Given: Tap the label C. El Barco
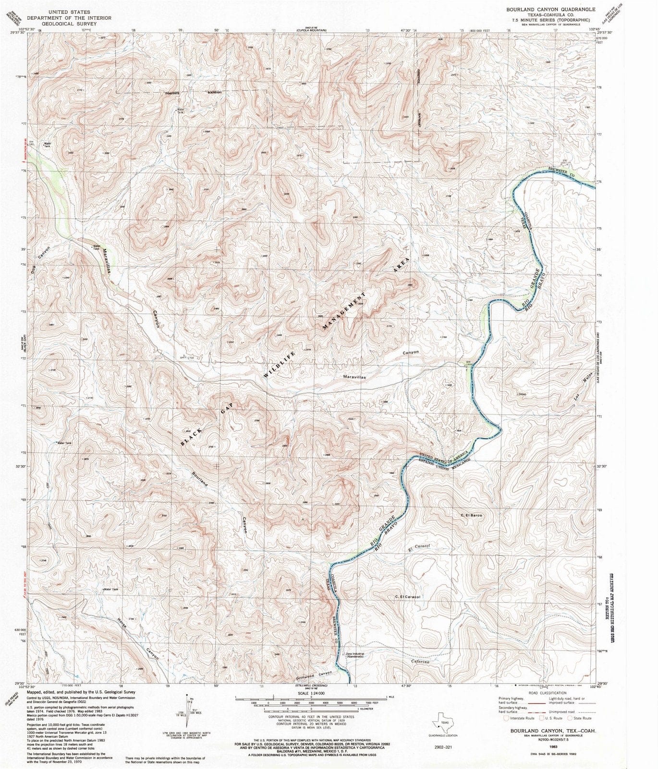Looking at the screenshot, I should [x=471, y=516].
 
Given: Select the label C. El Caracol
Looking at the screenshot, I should [x=408, y=597].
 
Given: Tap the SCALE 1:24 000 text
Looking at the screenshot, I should [x=311, y=693].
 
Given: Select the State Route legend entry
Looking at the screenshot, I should [x=580, y=718].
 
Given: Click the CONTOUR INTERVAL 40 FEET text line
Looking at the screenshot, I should [x=311, y=716].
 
